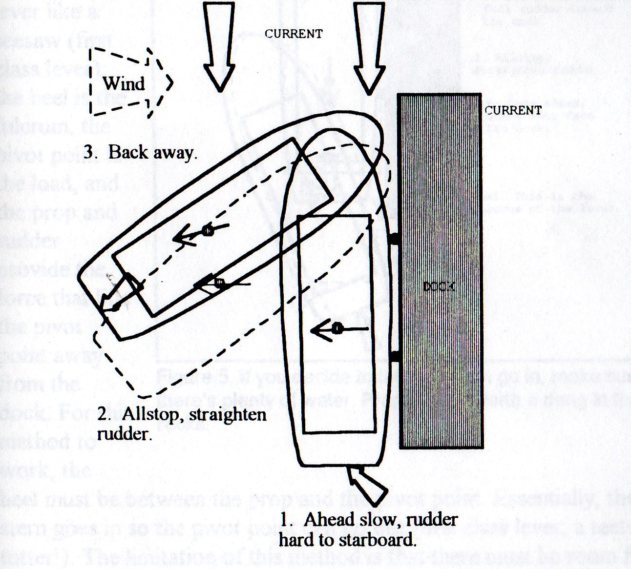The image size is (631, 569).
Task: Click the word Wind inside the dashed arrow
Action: pos(124,83)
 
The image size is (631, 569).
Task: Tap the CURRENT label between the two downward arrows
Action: pos(294,34)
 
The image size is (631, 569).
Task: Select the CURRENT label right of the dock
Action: pos(513,110)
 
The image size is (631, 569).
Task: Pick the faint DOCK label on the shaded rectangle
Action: pos(439,287)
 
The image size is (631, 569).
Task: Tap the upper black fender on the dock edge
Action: pos(395,239)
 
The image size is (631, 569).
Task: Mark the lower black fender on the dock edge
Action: pos(395,358)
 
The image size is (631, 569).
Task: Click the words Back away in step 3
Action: pos(153,152)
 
